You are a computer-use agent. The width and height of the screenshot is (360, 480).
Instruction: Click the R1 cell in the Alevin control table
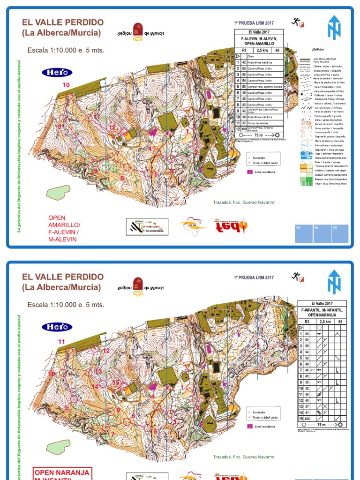coord(244,49)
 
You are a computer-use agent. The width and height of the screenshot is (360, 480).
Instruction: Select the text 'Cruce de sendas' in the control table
coord(262,123)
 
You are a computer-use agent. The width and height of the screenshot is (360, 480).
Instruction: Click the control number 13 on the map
coord(98,371)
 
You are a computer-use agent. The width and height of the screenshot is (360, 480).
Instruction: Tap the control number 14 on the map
coord(95,386)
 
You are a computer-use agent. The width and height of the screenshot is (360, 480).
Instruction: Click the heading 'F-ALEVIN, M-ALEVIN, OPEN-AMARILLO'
coord(259,40)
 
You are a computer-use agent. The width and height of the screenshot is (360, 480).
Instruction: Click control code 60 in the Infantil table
coord(308,332)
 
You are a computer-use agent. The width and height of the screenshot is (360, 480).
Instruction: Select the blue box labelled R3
coord(334,227)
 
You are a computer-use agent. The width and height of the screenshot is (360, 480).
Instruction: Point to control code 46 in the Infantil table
coord(308,370)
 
